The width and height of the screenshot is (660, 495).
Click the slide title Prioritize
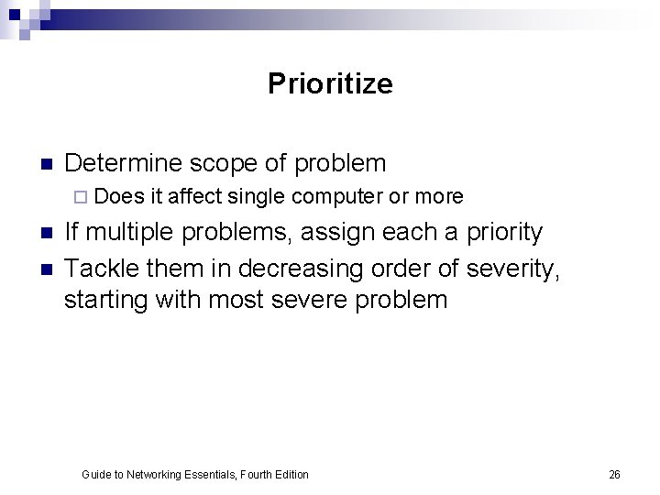(330, 84)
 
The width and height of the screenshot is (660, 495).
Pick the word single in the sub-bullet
(257, 196)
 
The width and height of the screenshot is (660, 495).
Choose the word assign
(340, 232)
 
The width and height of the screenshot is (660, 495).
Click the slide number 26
(614, 474)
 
